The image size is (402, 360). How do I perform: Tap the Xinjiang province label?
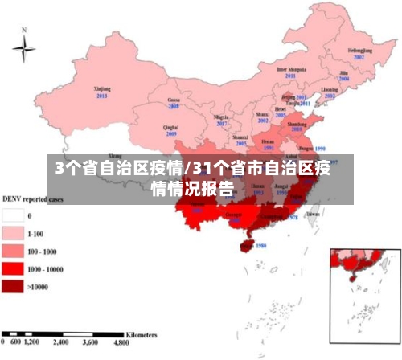coord(102,88)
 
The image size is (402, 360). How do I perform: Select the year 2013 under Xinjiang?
coord(102,96)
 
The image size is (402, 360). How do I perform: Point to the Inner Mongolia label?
coord(292,70)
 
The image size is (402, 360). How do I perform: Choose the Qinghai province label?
coord(171,127)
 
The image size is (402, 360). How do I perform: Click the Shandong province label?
coord(297,122)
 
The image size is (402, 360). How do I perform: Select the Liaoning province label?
coord(330,88)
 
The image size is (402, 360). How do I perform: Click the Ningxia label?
coord(221,117)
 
